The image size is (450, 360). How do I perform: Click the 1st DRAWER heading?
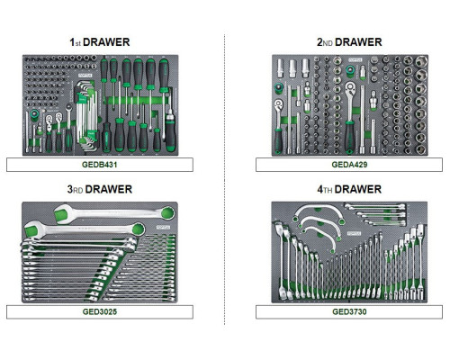point(100,42)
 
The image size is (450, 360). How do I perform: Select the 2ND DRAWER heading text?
point(349,42)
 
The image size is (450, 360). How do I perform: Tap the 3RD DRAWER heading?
point(100,189)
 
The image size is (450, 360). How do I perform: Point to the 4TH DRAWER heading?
point(349,189)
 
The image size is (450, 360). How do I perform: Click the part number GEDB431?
point(100,165)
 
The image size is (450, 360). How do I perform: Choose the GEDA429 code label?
point(349,165)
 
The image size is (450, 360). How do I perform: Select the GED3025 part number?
point(100,311)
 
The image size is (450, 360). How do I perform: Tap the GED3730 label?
point(349,311)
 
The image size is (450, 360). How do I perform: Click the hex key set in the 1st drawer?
point(86,114)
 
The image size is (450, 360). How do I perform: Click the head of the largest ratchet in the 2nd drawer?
point(350,88)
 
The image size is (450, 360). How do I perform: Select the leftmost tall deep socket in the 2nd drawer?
point(280,68)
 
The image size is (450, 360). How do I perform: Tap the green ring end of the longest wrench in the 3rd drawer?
point(167,213)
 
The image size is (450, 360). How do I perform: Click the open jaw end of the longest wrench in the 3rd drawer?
point(62,214)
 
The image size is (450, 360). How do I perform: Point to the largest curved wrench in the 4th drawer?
point(319,212)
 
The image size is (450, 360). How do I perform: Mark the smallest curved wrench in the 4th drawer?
point(319,236)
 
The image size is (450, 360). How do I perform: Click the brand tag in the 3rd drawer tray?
point(163,228)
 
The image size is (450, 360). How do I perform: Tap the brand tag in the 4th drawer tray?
point(354,233)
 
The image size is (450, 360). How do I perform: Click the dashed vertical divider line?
point(224,179)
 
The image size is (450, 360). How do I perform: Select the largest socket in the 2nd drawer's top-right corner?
point(421,62)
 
